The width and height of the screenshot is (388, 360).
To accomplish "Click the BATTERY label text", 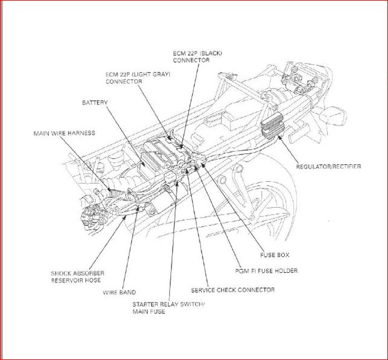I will pyautogui.click(x=95, y=103).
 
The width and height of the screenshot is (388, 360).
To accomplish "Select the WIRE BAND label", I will pyautogui.click(x=119, y=292).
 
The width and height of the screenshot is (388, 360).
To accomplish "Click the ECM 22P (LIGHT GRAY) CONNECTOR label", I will pyautogui.click(x=138, y=77).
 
